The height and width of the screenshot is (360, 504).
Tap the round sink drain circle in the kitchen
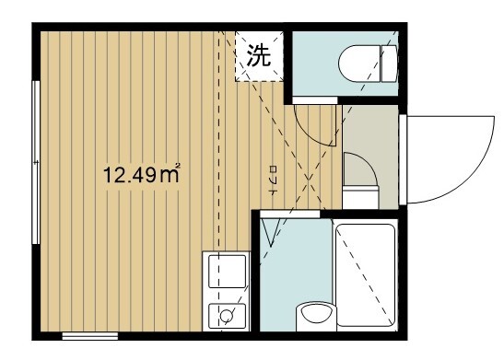[x=224, y=318]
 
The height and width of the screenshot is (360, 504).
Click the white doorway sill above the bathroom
[x=290, y=214]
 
